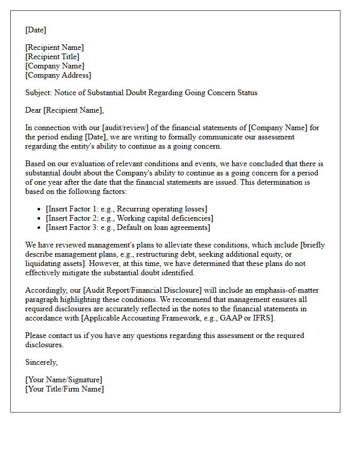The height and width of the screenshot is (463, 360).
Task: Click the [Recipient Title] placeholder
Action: point(52,57)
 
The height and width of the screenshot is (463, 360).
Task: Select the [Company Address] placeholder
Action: point(58,75)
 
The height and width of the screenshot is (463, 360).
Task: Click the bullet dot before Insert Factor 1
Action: point(40,209)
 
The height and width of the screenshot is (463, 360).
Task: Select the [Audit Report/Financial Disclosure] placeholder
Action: point(153,299)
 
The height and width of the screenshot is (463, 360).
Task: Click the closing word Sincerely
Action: point(41,362)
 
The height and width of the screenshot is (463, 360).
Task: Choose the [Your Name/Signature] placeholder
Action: point(64,380)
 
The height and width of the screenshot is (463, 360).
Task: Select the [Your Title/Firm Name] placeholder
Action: point(64,389)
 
